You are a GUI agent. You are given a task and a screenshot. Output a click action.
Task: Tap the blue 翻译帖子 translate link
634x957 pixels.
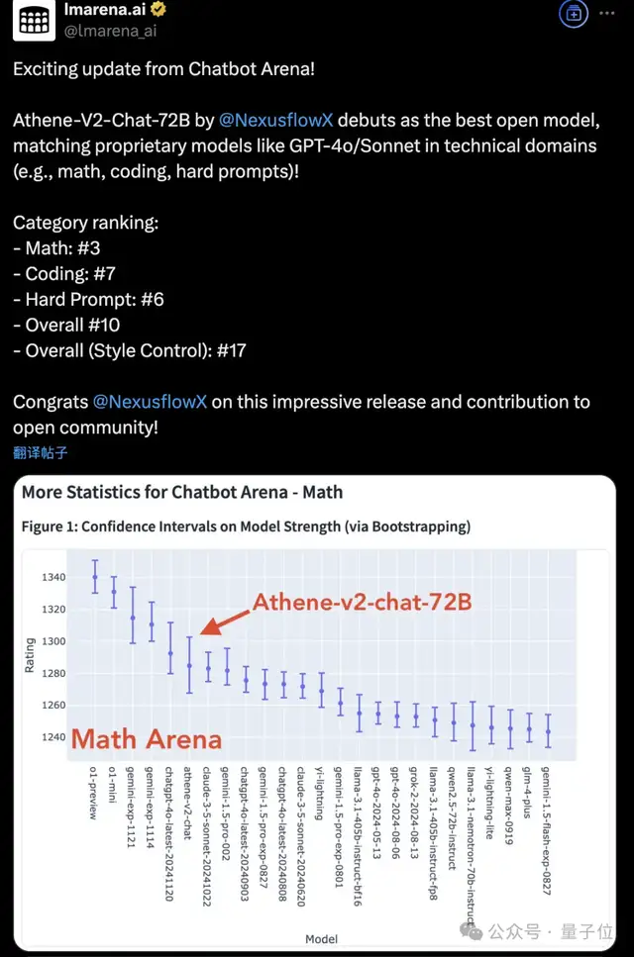[41, 453]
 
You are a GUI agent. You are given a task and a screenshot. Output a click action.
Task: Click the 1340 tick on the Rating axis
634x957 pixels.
[53, 577]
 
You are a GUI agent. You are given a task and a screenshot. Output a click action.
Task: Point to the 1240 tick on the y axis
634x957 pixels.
[53, 736]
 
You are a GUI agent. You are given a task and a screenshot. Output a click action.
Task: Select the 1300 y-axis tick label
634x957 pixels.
[53, 640]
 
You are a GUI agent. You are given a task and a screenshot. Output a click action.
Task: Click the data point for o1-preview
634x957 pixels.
[95, 576]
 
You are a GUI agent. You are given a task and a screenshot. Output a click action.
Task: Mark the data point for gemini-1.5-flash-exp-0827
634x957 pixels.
[548, 731]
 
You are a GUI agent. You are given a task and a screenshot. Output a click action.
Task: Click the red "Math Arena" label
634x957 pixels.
[146, 737]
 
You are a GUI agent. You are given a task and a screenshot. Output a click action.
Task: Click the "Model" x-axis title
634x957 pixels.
[321, 938]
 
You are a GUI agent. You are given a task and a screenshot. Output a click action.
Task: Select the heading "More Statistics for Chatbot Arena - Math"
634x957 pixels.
[182, 491]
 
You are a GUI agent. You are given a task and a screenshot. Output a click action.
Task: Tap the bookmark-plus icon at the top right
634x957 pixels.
[573, 13]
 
